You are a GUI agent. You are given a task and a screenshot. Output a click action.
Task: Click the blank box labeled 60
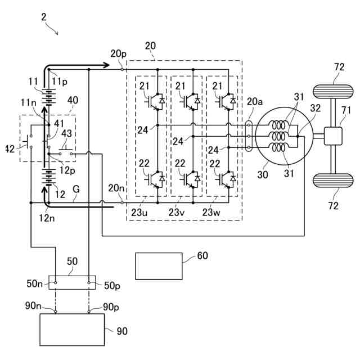pos(159,266)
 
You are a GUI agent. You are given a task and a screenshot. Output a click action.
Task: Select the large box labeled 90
pos(71,330)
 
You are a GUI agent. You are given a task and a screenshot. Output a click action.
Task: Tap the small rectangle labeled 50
pos(72,282)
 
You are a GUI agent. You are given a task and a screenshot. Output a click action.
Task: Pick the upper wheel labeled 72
pos(332,90)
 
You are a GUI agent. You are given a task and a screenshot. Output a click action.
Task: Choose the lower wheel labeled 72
pos(332,182)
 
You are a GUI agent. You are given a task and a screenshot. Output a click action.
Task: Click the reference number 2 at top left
pos(44,16)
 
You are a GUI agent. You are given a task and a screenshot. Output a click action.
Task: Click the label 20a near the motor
pos(254,101)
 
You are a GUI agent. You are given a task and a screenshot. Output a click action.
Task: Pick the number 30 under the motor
pos(263,175)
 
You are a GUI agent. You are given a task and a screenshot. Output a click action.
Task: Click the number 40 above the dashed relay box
pos(73,100)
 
